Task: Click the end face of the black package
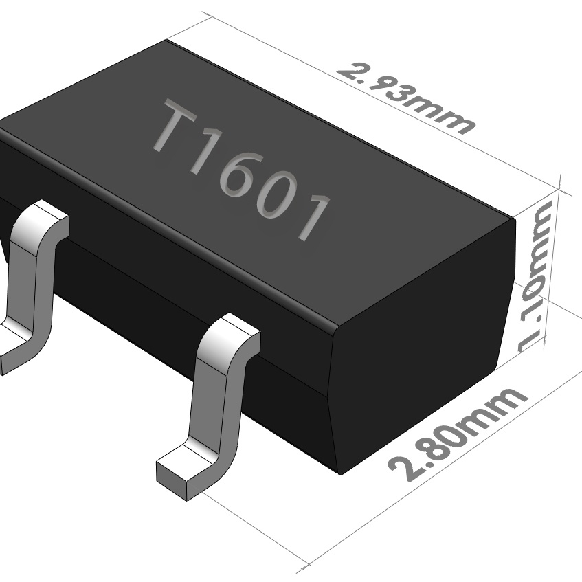tap(419, 344)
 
